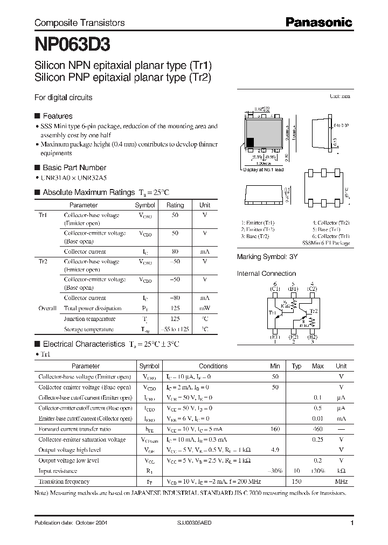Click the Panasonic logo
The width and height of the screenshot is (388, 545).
(x=318, y=23)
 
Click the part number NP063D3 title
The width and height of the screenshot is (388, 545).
(x=73, y=43)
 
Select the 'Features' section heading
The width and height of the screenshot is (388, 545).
(x=57, y=116)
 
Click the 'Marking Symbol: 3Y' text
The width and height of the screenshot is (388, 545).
(x=267, y=257)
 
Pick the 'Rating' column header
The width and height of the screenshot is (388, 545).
(x=175, y=205)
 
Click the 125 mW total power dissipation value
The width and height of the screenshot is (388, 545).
(x=175, y=309)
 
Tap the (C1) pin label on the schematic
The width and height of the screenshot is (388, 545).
(x=275, y=289)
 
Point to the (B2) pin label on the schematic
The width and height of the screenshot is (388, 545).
(x=312, y=337)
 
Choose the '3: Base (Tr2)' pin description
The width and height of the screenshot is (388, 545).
(x=255, y=236)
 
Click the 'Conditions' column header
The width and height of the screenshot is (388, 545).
(x=213, y=366)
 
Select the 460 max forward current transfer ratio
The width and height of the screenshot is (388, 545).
(x=317, y=429)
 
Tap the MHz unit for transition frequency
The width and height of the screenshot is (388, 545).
(x=341, y=481)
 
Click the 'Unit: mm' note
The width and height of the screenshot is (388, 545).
(x=339, y=96)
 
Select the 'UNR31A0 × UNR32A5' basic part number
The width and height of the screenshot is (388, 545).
(x=70, y=177)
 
